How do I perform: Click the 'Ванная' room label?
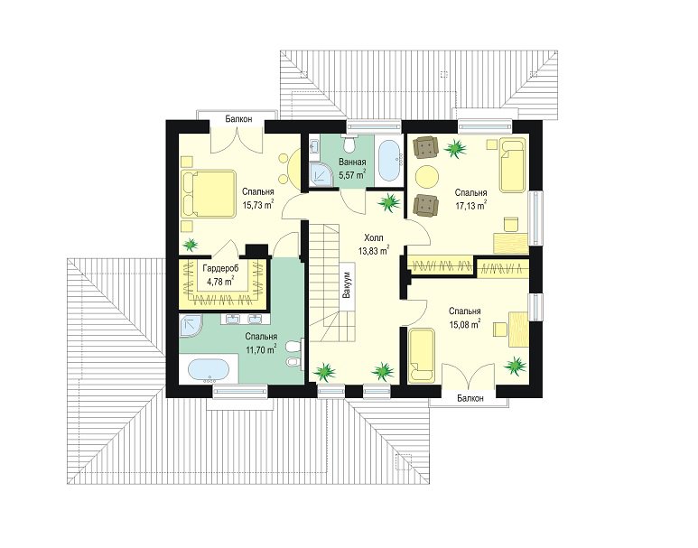(x=352, y=162)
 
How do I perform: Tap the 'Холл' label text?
(x=373, y=237)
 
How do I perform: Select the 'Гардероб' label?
(x=221, y=268)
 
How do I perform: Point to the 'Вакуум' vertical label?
(x=347, y=286)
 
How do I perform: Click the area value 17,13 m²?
(x=470, y=206)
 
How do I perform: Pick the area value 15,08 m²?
(x=464, y=324)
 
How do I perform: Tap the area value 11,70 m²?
(x=260, y=349)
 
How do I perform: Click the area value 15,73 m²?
(x=257, y=205)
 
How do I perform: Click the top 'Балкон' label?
(x=238, y=119)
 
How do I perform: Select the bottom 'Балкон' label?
(x=470, y=398)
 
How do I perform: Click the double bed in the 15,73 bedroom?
(x=209, y=194)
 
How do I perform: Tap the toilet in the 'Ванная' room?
(x=349, y=143)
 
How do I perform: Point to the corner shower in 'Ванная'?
(x=321, y=173)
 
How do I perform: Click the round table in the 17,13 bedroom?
(x=427, y=176)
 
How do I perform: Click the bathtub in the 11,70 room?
(x=209, y=370)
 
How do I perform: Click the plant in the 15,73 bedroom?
(x=191, y=244)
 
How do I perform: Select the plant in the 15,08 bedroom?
(x=515, y=365)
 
